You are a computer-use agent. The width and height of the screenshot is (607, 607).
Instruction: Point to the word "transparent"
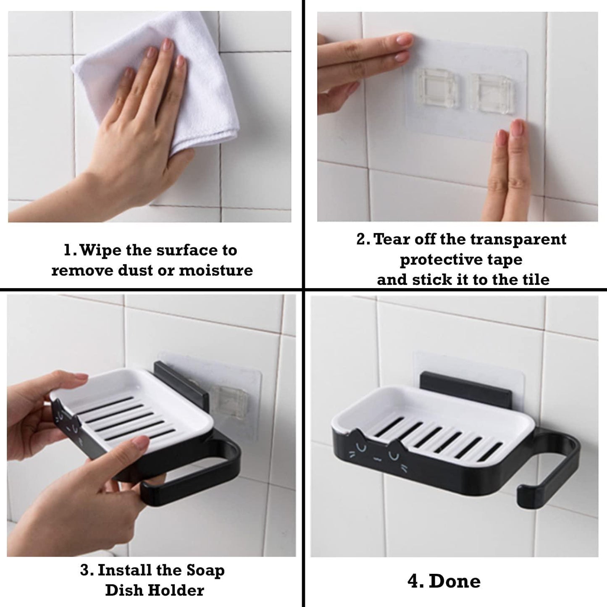(518, 240)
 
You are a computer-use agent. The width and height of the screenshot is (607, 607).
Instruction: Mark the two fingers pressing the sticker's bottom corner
(507, 170)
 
